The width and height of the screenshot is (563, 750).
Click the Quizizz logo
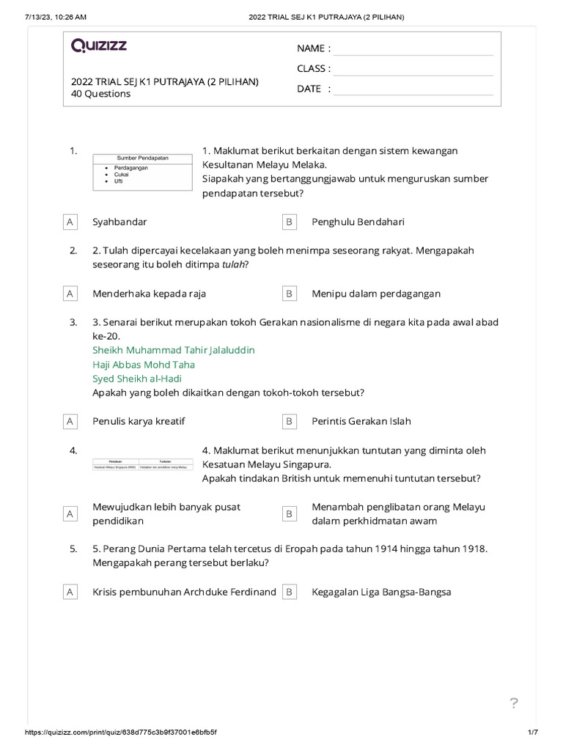99,46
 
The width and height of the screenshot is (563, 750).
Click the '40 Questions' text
100,94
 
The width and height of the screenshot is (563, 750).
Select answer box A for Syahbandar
70,221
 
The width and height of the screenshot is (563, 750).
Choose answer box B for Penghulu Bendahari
290,221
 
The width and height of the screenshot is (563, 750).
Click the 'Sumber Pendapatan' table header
143,158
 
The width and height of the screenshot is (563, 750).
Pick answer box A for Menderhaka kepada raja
70,294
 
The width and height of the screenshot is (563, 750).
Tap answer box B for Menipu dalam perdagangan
290,294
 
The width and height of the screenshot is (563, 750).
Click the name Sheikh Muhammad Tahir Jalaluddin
174,350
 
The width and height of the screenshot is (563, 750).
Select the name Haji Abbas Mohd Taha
144,364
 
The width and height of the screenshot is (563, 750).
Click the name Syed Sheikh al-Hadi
137,379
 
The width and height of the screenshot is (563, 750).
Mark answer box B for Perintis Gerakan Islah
290,421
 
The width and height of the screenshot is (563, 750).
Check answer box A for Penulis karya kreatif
70,421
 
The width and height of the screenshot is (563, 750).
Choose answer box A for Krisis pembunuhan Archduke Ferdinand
70,592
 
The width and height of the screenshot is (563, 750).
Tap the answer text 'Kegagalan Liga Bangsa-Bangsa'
381,592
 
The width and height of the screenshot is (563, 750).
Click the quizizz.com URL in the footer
121,732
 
